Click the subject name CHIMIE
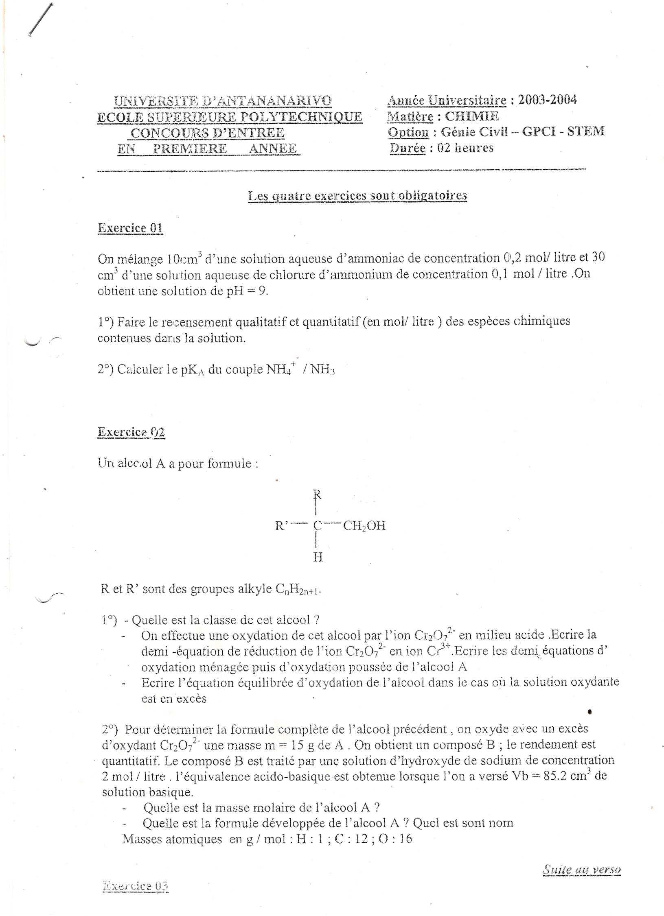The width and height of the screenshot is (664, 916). coord(472,116)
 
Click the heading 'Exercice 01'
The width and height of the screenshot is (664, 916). coord(130,227)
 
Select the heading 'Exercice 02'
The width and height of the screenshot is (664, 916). coord(131,432)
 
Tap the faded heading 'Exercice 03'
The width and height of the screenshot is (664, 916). coord(136,885)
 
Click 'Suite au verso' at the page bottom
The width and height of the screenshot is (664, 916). coord(582,870)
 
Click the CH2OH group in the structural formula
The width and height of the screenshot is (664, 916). coord(364,526)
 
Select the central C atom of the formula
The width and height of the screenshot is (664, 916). coord(318,526)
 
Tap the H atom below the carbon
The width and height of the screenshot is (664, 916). coord(318,557)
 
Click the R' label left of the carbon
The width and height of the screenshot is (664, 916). coord(282,526)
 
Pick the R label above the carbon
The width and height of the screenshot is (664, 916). coord(318,495)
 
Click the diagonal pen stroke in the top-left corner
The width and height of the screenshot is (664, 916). coord(42,19)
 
